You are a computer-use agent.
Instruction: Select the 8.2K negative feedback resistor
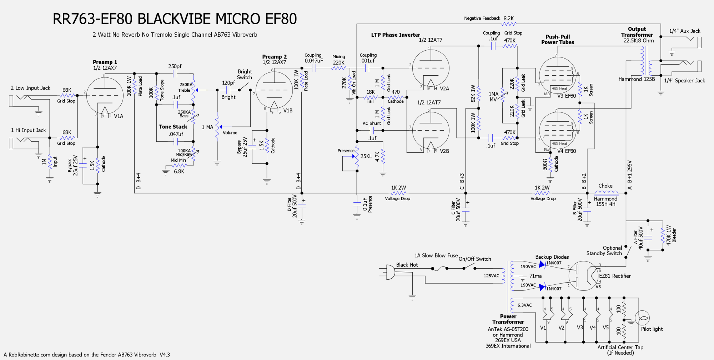pos(509,24)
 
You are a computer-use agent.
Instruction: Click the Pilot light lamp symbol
pos(642,318)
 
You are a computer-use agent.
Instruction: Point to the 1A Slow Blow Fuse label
pos(436,255)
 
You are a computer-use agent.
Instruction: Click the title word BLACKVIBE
pos(199,19)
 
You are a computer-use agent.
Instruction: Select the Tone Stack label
pos(173,127)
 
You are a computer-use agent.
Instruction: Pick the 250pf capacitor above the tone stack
pos(175,74)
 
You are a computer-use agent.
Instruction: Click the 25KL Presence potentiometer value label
pos(366,156)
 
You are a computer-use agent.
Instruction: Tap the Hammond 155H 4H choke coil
pos(606,193)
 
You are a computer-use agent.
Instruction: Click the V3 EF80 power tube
pos(557,75)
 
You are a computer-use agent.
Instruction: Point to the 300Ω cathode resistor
pos(550,164)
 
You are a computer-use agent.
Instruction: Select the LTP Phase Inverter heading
pos(396,35)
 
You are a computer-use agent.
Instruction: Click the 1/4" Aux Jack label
pos(685,31)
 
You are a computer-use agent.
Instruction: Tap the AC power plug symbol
pos(390,273)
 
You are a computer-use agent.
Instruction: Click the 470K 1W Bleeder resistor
pos(663,235)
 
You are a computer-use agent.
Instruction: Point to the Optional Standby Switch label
pos(604,250)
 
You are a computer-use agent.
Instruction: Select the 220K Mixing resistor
pos(338,68)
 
